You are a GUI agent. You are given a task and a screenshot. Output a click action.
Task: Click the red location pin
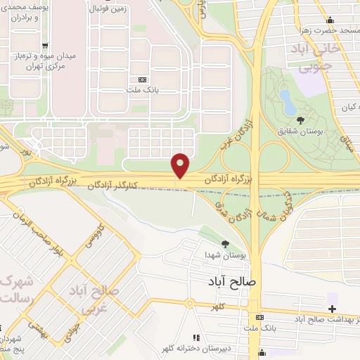181,165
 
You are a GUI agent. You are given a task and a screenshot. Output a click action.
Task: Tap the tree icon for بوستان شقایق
300,120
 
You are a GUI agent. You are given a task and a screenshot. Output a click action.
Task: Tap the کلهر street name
224,307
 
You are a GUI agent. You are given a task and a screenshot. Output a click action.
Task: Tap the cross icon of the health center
332,309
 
